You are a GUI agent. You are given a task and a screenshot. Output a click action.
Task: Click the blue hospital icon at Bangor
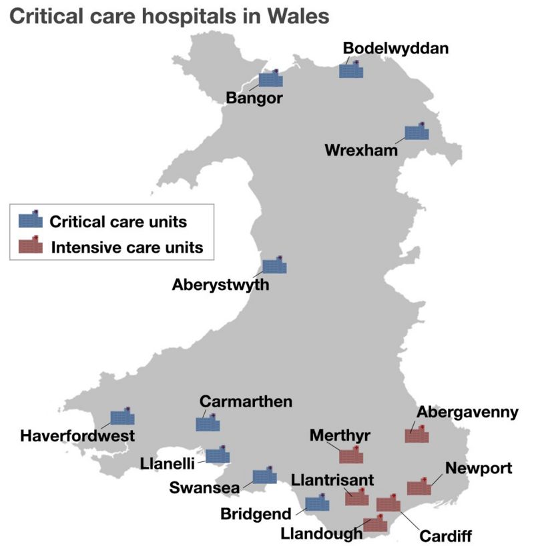270,79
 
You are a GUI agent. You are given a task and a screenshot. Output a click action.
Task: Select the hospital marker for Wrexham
417,132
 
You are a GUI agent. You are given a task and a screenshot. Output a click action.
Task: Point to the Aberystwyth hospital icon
274,266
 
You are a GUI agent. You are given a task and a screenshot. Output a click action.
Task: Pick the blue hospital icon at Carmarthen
208,423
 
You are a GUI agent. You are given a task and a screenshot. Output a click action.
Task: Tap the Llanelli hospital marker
218,456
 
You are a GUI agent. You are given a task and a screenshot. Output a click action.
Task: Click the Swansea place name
204,488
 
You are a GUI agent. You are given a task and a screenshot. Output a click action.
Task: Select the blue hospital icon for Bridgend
317,504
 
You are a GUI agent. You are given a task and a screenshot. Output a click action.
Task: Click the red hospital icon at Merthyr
351,456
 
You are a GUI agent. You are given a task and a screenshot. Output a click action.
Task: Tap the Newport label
479,468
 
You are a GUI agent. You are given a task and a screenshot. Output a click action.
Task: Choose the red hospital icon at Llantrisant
357,497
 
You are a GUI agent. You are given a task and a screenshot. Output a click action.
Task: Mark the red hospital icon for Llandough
375,524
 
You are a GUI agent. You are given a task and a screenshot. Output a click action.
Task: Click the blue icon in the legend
29,221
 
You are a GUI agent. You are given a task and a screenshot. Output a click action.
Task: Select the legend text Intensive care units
127,248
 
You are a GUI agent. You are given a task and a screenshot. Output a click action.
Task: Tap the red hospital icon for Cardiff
388,504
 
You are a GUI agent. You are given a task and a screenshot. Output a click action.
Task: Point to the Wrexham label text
361,149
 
